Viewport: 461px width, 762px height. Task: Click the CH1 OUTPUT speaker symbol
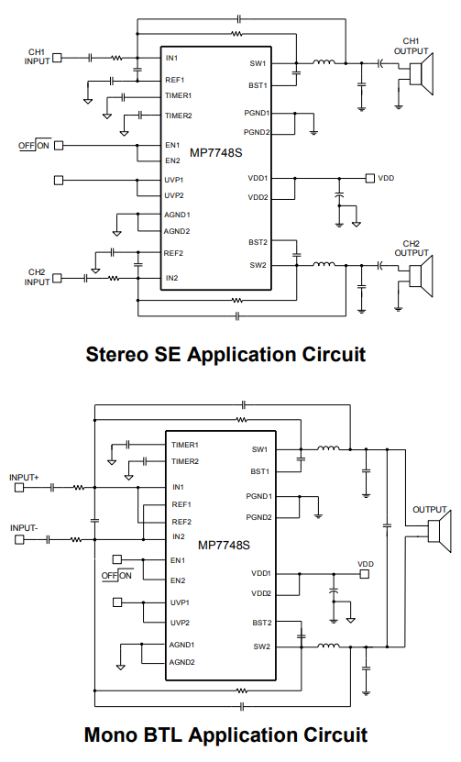coord(421,74)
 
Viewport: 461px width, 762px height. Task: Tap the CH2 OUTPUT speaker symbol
coord(421,275)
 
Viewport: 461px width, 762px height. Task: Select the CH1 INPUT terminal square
coord(58,58)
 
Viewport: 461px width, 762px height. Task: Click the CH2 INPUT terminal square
coord(58,279)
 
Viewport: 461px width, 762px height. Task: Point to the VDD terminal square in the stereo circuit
coord(370,179)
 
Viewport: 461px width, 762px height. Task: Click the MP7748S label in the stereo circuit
coord(215,153)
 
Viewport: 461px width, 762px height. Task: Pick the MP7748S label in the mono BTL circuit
coord(224,546)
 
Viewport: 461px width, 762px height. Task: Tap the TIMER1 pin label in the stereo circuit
coord(179,95)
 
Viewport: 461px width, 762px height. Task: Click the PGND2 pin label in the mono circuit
coord(259,517)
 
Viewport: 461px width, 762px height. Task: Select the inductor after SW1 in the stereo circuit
coord(324,61)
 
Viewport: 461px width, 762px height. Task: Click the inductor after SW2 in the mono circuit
coord(328,646)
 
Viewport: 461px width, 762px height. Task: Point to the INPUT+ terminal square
coord(19,488)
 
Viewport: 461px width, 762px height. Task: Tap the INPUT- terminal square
coord(19,539)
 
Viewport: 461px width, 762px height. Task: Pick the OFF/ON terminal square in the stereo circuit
coord(59,145)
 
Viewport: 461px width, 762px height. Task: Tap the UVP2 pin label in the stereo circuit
coord(174,196)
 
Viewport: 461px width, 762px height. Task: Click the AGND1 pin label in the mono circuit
coord(181,645)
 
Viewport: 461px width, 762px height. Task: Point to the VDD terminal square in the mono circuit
coord(365,574)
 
